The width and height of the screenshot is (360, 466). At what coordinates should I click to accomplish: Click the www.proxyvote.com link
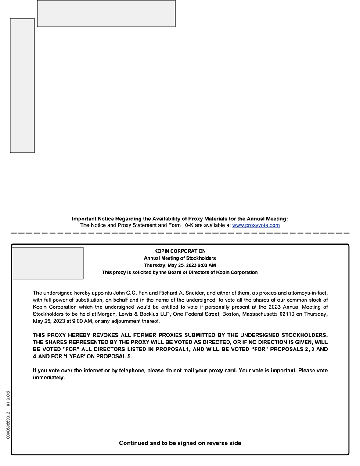[256, 225]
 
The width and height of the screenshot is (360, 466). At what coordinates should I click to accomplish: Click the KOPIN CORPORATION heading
[180, 251]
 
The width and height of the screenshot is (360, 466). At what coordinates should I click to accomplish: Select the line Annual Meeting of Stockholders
[180, 258]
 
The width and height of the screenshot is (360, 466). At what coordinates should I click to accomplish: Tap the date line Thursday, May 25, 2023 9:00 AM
[180, 265]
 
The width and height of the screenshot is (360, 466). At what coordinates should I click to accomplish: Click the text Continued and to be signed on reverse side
[180, 443]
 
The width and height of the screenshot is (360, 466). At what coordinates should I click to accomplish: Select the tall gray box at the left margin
[22, 86]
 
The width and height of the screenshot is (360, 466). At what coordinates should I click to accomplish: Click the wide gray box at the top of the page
[106, 14]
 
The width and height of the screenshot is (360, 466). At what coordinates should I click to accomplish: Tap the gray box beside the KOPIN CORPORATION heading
[47, 263]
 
